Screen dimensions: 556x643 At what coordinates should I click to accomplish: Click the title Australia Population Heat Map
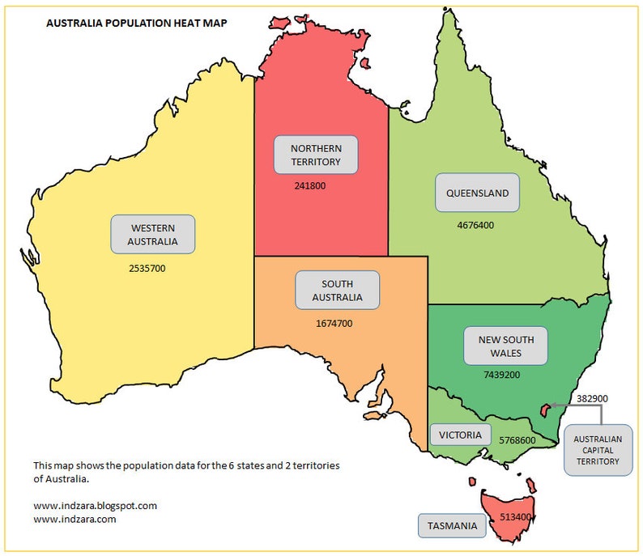click(136, 23)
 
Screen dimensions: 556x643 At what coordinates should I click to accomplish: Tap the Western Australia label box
click(153, 235)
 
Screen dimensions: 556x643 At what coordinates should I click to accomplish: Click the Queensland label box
click(477, 193)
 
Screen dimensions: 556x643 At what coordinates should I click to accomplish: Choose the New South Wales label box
click(505, 346)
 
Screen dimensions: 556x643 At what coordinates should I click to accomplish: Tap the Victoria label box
click(460, 435)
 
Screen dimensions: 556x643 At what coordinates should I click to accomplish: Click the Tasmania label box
click(453, 526)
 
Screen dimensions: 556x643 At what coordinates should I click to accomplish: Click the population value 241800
click(311, 185)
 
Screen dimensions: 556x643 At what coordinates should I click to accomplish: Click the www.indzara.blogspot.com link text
click(95, 505)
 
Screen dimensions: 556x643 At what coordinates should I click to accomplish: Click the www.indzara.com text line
click(75, 520)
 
